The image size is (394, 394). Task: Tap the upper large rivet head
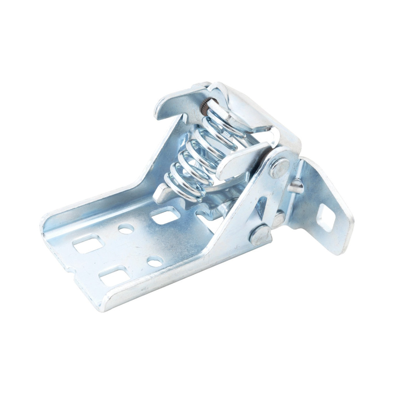coord(279,168)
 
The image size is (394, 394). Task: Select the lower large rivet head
coord(260,234)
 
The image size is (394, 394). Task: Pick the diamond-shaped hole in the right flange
coord(326,218)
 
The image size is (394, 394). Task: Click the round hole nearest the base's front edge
coord(155,262)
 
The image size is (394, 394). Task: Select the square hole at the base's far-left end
coord(88,244)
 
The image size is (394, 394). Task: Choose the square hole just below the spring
coord(166,215)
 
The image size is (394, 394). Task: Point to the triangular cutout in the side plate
coord(262,206)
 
